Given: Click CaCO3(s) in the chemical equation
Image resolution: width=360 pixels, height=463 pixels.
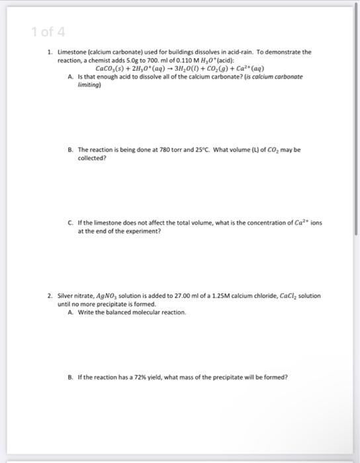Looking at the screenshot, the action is pos(112,68).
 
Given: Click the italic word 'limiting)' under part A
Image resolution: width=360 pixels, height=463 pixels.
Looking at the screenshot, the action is pos(90,85).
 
